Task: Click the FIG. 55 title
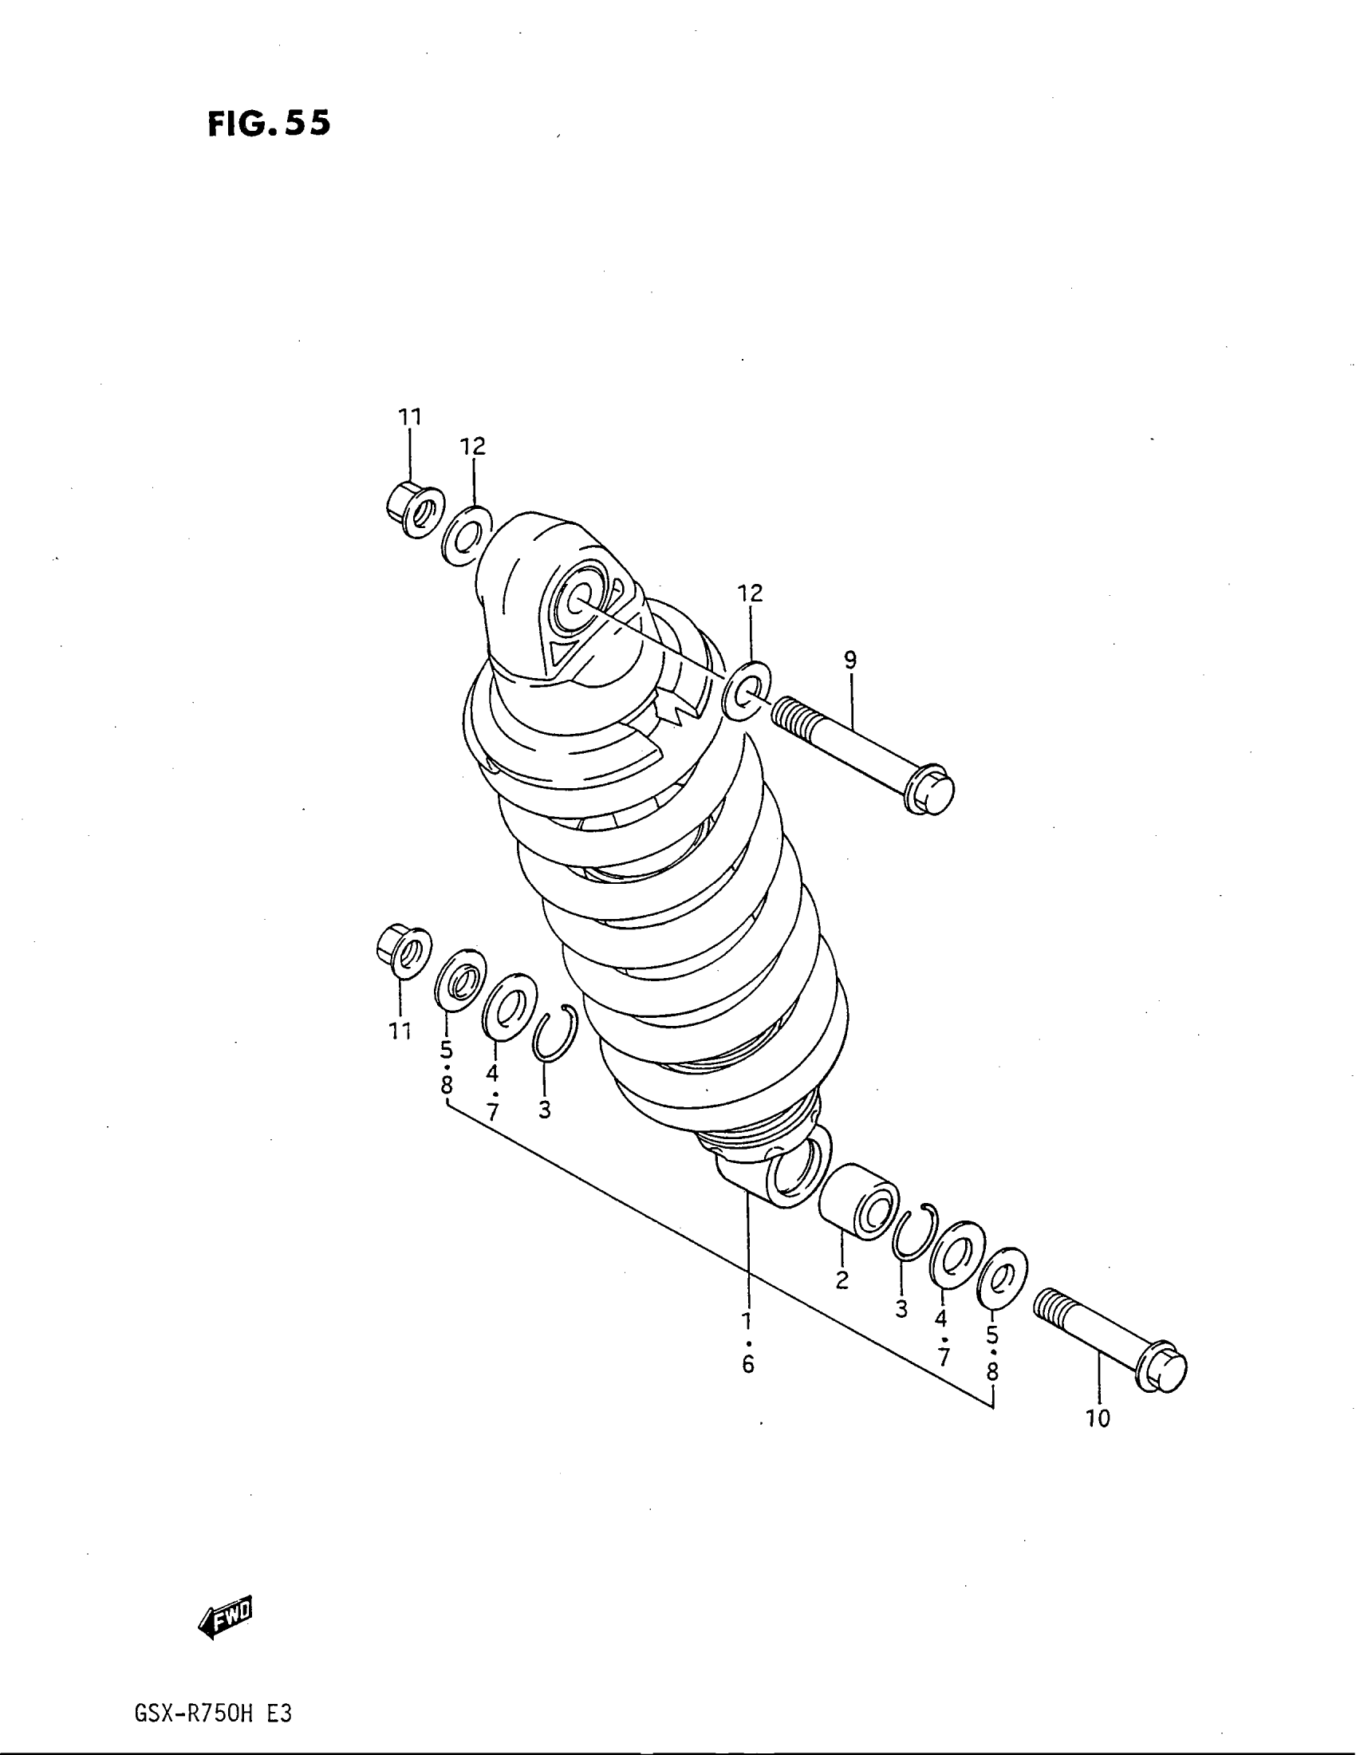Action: (268, 124)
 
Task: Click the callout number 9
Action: (850, 661)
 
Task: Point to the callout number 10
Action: (1098, 1419)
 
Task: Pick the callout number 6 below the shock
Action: (748, 1364)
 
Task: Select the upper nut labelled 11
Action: (415, 511)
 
